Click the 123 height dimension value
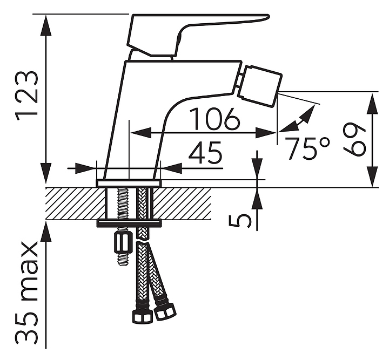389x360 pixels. pyautogui.click(x=27, y=95)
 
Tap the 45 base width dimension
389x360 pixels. pyautogui.click(x=205, y=154)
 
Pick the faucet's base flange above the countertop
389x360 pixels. pyautogui.click(x=129, y=183)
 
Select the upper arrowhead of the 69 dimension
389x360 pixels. pyautogui.click(x=372, y=100)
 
